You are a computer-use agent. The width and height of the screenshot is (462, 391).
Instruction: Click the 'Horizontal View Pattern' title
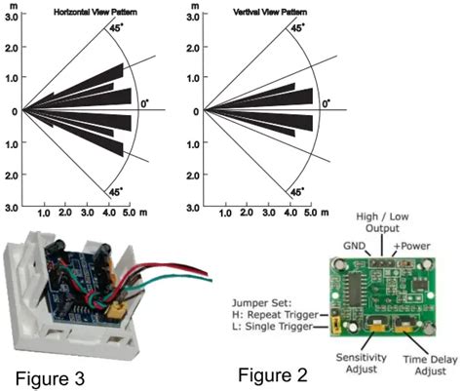pyautogui.click(x=96, y=13)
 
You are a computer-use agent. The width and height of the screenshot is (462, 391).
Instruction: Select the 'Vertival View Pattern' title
pyautogui.click(x=270, y=13)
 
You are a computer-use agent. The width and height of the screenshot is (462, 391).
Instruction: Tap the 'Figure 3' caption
pyautogui.click(x=50, y=378)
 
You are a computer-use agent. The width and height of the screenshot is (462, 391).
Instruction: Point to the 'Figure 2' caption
pyautogui.click(x=273, y=375)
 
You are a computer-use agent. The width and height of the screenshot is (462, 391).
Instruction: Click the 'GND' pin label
pyautogui.click(x=355, y=246)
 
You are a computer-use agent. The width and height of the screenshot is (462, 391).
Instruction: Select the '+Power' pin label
pyautogui.click(x=411, y=246)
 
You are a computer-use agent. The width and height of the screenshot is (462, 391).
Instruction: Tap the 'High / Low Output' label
pyautogui.click(x=382, y=222)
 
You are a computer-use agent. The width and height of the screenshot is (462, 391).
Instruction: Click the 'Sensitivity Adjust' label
pyautogui.click(x=362, y=363)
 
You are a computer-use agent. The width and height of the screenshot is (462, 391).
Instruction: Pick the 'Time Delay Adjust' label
pyautogui.click(x=431, y=366)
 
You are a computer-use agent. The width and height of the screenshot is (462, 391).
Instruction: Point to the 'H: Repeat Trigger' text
pyautogui.click(x=275, y=315)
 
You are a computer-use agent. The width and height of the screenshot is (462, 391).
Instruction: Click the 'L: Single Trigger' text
pyautogui.click(x=273, y=326)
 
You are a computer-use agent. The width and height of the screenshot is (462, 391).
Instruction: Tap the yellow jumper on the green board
pyautogui.click(x=334, y=326)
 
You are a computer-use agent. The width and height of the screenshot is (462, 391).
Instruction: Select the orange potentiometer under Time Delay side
pyautogui.click(x=404, y=329)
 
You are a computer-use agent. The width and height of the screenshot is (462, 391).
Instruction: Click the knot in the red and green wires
pyautogui.click(x=95, y=299)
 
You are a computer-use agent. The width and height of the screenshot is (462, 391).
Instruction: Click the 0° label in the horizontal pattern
pyautogui.click(x=145, y=104)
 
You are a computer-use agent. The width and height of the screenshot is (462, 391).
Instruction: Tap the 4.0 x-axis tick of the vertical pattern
pyautogui.click(x=290, y=213)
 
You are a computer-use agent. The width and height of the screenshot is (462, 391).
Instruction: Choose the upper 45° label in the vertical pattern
pyautogui.click(x=297, y=28)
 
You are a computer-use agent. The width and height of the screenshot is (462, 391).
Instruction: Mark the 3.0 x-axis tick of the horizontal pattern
pyautogui.click(x=88, y=213)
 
